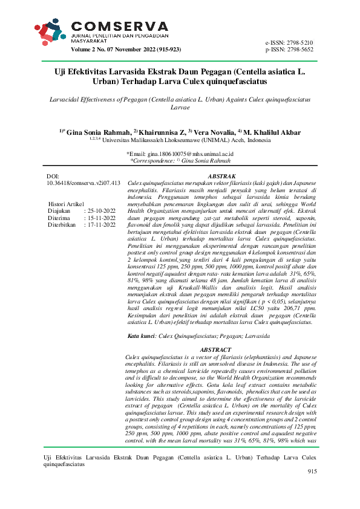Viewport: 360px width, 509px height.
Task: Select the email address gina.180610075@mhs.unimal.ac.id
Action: (184, 154)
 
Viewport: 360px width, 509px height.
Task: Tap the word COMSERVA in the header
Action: (120, 25)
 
